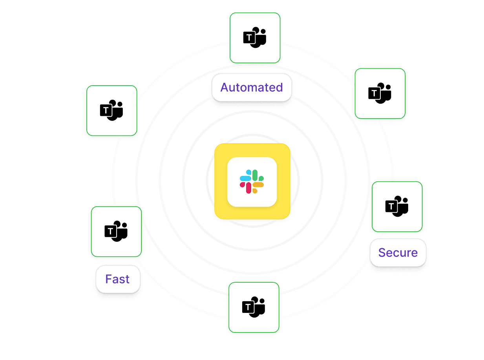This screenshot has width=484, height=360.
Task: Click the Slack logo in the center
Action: [x=252, y=181]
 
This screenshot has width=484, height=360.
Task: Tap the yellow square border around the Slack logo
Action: [x=221, y=181]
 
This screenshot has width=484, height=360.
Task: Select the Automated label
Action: [x=252, y=87]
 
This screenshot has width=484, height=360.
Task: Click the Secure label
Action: [x=398, y=252]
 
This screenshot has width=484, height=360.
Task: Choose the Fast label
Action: [x=117, y=279]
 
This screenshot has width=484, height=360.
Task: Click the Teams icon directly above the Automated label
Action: [x=255, y=38]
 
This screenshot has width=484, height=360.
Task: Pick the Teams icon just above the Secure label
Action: [x=397, y=206]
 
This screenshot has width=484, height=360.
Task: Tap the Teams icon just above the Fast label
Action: [x=116, y=232]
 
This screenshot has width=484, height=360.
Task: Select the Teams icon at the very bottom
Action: [x=254, y=307]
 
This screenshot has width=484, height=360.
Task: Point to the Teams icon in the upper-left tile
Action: [x=111, y=111]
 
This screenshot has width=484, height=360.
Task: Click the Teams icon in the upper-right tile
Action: [x=380, y=93]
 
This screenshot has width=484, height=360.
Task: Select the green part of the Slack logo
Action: [x=256, y=175]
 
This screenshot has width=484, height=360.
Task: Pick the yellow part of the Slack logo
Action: [x=258, y=185]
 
